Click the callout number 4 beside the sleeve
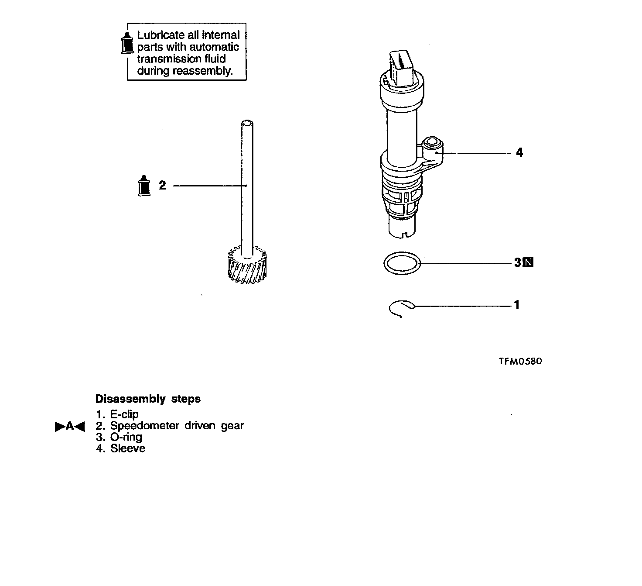519,152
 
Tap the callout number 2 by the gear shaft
162,186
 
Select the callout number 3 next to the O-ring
518,262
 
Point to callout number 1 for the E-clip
517,305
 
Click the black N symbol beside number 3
528,262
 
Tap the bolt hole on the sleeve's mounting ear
432,142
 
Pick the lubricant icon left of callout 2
144,186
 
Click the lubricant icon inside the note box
126,43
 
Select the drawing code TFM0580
521,361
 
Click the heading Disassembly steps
148,399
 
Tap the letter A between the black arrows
70,426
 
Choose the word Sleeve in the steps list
128,448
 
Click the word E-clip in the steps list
124,414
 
